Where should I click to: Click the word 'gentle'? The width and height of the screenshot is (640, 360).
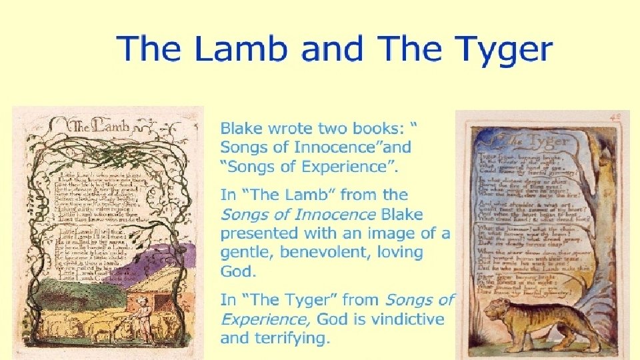[246, 253]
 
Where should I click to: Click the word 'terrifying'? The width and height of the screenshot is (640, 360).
[291, 338]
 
